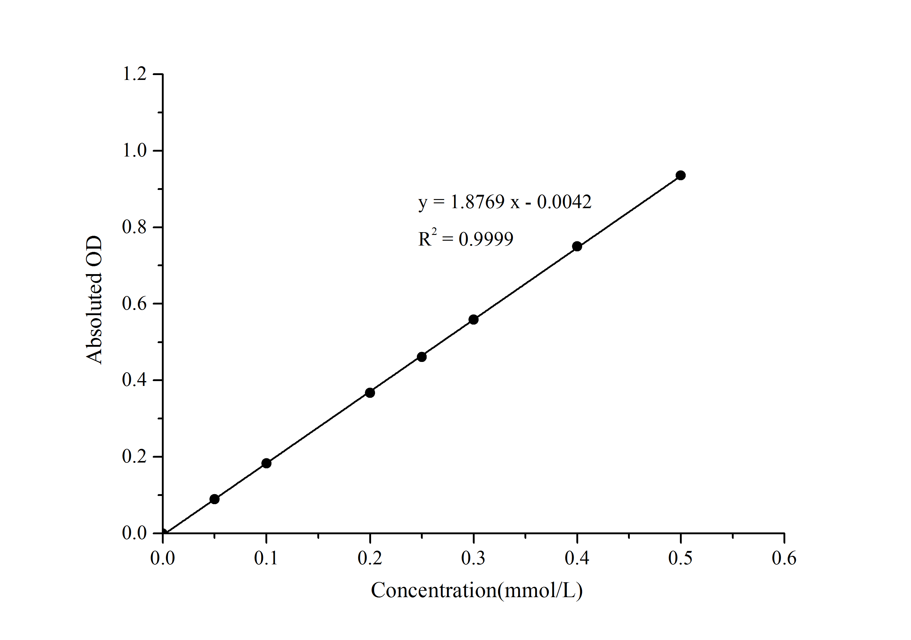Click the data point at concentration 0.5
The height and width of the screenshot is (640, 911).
click(x=681, y=175)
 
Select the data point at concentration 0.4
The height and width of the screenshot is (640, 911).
click(x=577, y=246)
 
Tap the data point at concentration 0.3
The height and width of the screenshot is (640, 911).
click(x=473, y=319)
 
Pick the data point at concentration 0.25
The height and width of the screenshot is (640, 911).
click(x=422, y=356)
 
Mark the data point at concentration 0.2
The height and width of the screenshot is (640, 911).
click(x=370, y=392)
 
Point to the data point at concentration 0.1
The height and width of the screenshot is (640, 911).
click(x=266, y=463)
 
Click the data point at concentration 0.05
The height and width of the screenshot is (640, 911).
click(x=214, y=499)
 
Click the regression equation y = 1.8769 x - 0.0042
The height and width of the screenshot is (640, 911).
click(x=505, y=202)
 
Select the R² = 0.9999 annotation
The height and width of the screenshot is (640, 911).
click(x=466, y=239)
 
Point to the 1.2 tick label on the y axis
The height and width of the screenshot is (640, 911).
click(x=135, y=74)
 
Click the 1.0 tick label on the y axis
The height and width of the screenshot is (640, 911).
click(x=135, y=150)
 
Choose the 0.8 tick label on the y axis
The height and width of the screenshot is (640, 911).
click(x=135, y=227)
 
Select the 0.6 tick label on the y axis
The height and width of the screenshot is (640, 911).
click(x=135, y=304)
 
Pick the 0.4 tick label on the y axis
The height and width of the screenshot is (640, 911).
click(x=135, y=380)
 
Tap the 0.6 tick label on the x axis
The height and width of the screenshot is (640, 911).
click(x=784, y=558)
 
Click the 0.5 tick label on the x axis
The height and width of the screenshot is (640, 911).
click(x=681, y=558)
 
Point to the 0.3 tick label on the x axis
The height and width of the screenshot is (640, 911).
click(x=473, y=558)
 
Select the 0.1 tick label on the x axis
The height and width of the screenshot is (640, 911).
click(x=266, y=558)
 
